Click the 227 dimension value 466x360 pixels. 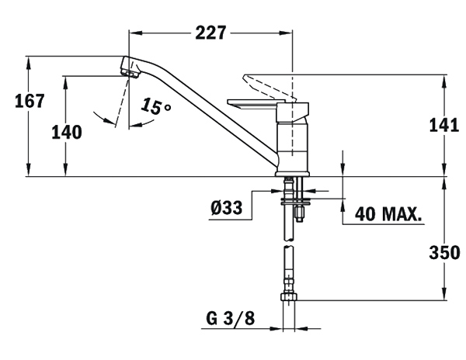click(210, 33)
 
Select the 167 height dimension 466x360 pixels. click(30, 101)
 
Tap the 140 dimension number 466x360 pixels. click(67, 133)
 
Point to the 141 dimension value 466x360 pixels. click(444, 125)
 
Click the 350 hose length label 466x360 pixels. click(444, 253)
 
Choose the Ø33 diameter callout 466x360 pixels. click(227, 207)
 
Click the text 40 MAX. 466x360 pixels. click(388, 213)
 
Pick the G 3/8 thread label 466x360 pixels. click(231, 319)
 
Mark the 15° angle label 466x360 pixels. click(155, 106)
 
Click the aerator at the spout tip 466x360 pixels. click(130, 74)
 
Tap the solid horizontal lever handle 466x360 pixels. click(252, 105)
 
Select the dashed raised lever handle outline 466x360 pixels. click(269, 87)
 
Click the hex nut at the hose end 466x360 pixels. click(289, 297)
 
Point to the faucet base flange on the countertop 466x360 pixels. click(293, 174)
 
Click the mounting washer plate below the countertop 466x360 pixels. click(295, 202)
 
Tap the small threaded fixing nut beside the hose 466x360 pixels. click(300, 213)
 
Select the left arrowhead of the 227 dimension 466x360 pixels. click(135, 33)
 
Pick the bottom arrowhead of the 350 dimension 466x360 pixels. click(444, 293)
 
